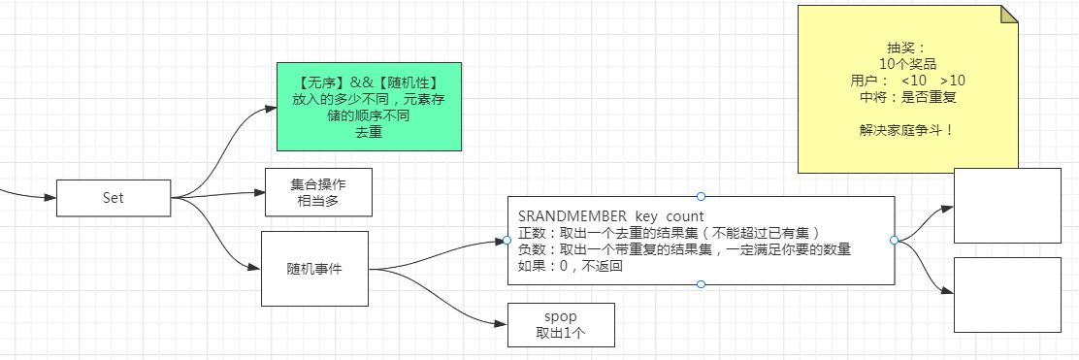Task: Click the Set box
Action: coord(114,198)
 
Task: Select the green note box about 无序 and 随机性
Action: coord(369,107)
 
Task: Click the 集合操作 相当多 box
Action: coord(318,192)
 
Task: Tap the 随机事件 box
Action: coord(314,269)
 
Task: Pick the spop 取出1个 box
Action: coord(561,325)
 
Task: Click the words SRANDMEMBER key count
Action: coord(610,214)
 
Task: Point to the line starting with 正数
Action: coord(670,232)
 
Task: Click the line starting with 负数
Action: coord(684,249)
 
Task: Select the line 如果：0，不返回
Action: coord(570,267)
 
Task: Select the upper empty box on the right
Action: coord(1007,205)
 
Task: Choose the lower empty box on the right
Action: coord(1007,295)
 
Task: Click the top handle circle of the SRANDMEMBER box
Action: coord(701,196)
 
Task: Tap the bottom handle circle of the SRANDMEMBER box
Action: coord(701,284)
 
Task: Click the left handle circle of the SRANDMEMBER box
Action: coord(507,241)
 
